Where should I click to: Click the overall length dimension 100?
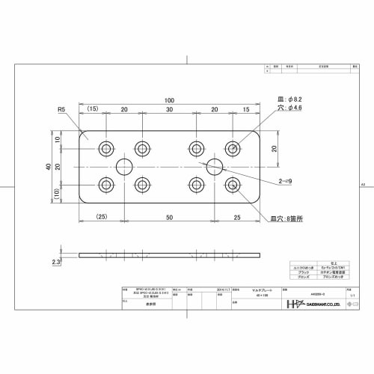(x=170, y=100)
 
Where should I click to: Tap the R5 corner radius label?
(x=62, y=110)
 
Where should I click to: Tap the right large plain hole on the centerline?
(x=215, y=165)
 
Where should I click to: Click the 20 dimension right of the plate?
(x=275, y=148)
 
